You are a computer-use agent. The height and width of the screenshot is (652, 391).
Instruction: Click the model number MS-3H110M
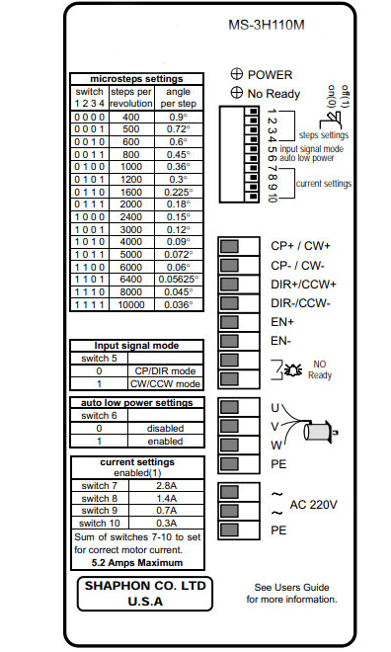(267, 25)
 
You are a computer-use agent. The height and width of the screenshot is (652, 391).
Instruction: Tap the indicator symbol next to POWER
(236, 74)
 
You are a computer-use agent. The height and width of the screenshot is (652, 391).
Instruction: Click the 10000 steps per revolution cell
(131, 305)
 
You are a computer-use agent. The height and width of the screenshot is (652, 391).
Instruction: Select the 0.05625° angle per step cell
(179, 280)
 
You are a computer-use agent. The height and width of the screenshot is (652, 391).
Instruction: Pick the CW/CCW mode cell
(165, 384)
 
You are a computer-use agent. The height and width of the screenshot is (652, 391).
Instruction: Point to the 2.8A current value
(166, 486)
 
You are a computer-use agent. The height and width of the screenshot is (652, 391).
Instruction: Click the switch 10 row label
(100, 524)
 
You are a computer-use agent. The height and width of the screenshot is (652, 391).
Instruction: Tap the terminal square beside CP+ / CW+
(229, 246)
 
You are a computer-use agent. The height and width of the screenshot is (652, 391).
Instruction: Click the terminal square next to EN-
(229, 341)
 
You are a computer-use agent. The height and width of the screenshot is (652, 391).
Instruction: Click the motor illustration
(320, 432)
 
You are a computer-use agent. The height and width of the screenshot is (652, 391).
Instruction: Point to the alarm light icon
(293, 369)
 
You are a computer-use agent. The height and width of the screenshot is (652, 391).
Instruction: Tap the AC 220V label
(313, 505)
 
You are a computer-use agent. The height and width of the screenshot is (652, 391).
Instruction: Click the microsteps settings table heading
(136, 79)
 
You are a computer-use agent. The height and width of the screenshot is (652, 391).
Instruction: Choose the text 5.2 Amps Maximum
(137, 563)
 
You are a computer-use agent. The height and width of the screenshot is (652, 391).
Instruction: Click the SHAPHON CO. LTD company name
(145, 586)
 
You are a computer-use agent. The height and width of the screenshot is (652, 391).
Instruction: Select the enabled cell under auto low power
(165, 442)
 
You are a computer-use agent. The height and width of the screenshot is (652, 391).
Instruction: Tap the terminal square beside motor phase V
(229, 426)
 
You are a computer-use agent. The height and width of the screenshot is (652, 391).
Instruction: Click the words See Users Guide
(291, 587)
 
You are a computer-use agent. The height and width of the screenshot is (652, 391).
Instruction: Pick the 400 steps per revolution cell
(131, 118)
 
